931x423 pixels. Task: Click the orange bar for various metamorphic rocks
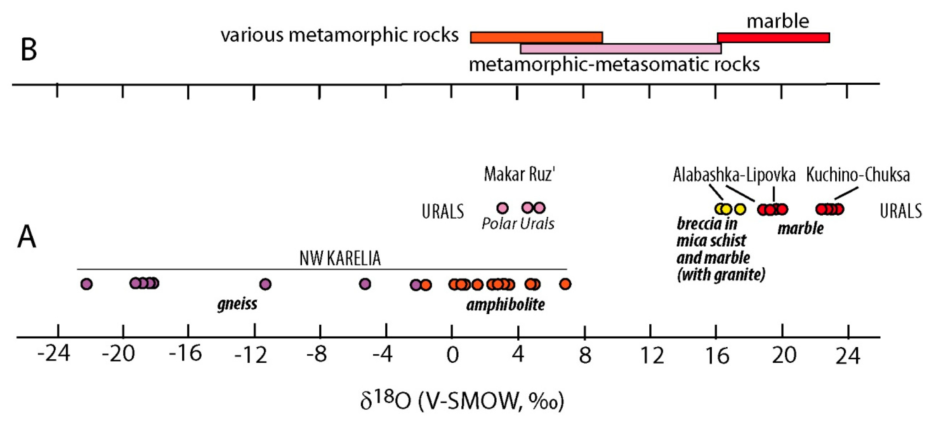click(x=536, y=38)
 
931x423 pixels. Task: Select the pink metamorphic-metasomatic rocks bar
click(x=620, y=49)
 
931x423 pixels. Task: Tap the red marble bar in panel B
click(x=773, y=38)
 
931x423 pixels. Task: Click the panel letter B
click(x=29, y=50)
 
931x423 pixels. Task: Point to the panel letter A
click(x=27, y=237)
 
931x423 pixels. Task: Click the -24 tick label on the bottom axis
click(x=53, y=354)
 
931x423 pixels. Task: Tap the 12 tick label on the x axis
click(x=652, y=355)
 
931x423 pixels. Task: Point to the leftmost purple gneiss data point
click(x=86, y=284)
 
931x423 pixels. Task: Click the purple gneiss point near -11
click(x=265, y=284)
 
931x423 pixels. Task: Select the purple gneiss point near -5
click(x=365, y=284)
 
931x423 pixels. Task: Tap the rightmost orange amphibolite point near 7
click(x=565, y=284)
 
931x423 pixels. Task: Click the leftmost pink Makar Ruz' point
click(x=502, y=208)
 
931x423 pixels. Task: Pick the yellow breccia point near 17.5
click(x=740, y=209)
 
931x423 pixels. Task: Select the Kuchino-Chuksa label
click(x=858, y=175)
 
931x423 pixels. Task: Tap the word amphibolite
click(x=505, y=305)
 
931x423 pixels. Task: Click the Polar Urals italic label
click(x=518, y=224)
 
